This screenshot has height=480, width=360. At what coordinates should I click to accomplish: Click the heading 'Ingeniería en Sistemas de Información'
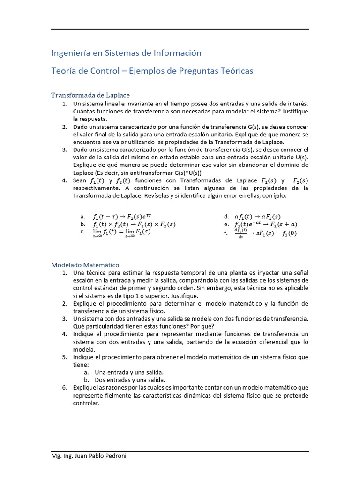[x=126, y=53]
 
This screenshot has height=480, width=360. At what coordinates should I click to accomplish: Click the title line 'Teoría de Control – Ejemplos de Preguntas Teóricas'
[x=152, y=71]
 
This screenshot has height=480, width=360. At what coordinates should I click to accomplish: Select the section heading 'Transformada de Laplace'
[x=90, y=95]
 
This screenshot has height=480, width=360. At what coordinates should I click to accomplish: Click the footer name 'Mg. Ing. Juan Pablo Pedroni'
[x=89, y=456]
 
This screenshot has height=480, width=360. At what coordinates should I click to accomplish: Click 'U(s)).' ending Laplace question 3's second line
[x=300, y=157]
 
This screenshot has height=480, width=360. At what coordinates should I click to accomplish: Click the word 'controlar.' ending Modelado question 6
[x=87, y=403]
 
